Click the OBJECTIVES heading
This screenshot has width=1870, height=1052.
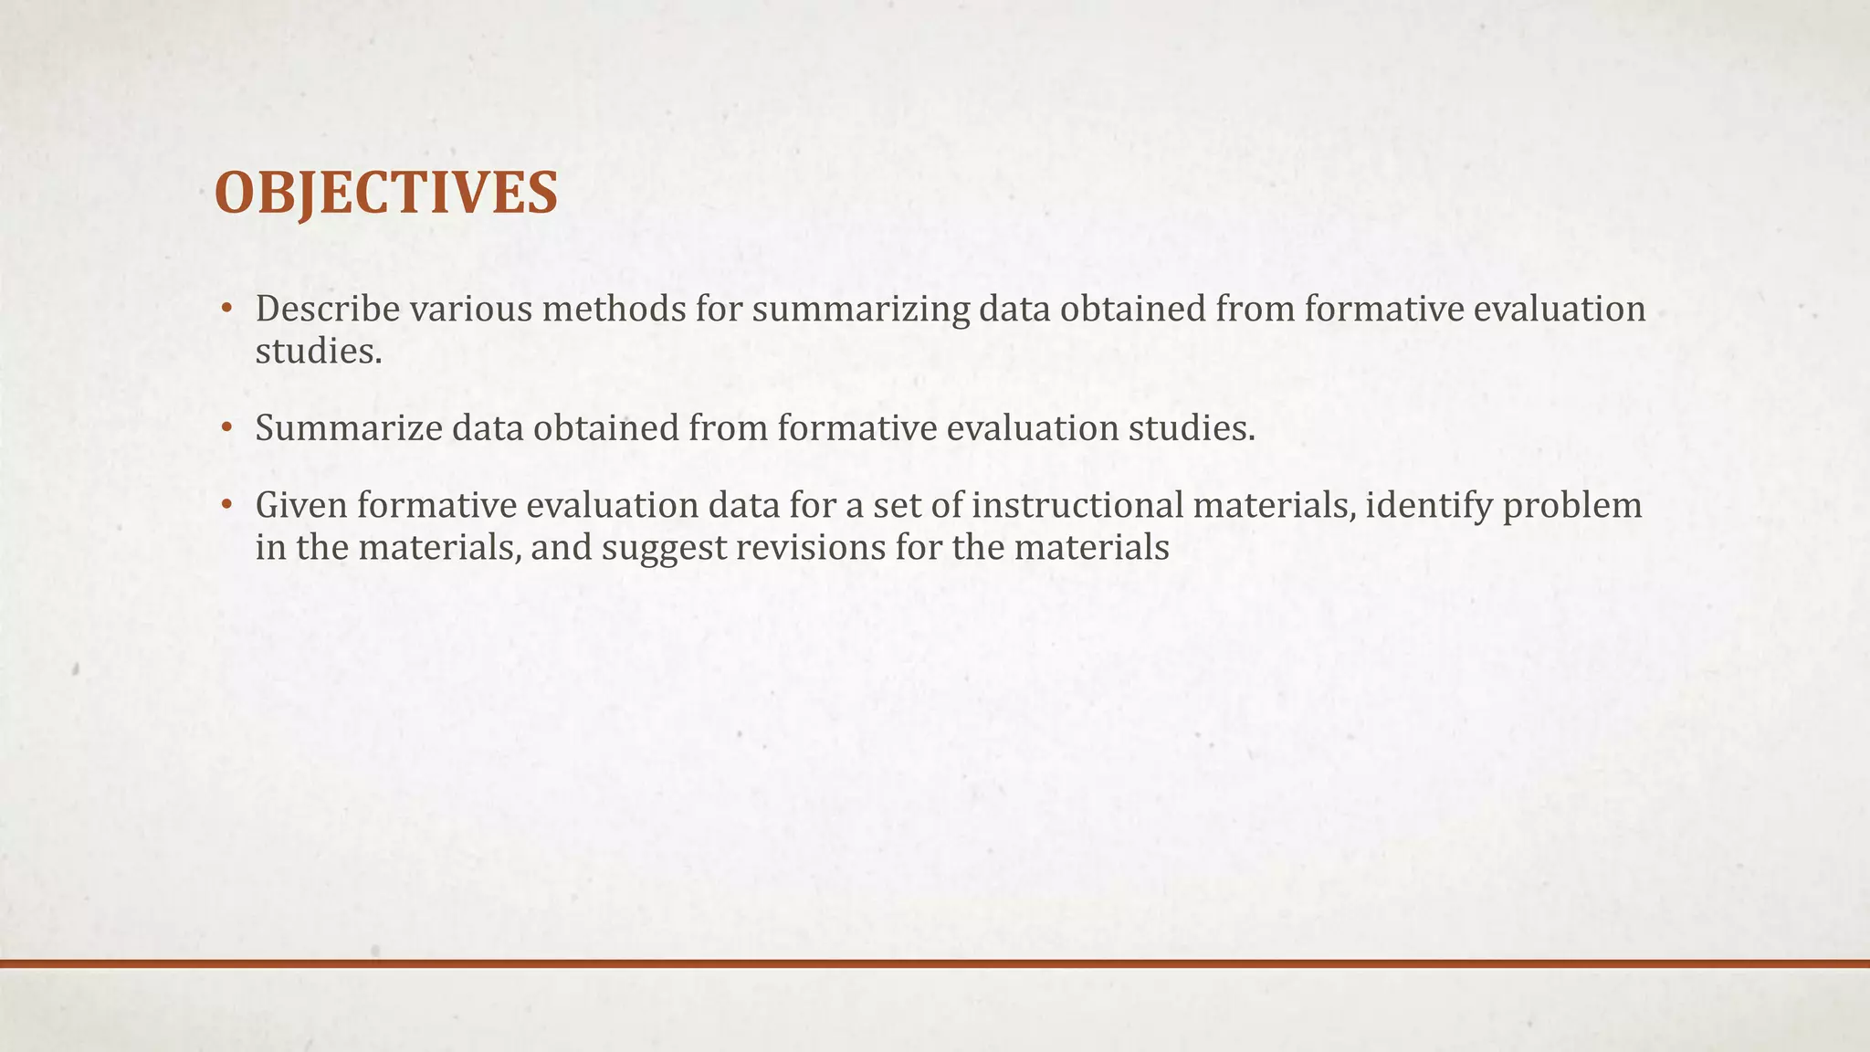(x=385, y=194)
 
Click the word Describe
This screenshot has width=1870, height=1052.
(x=328, y=310)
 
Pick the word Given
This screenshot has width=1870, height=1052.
(x=300, y=506)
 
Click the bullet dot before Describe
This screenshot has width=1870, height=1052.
(x=226, y=310)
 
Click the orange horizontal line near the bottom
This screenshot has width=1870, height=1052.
(x=935, y=963)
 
